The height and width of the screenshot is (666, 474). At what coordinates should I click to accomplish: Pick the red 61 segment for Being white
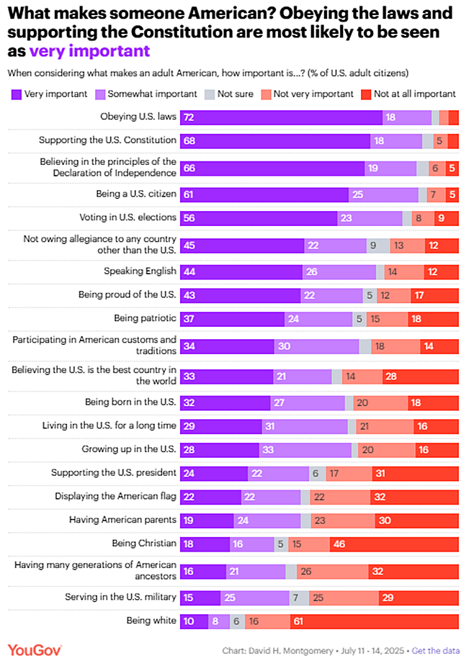[x=374, y=621]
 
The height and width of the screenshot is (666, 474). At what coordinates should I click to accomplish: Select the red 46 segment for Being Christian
[x=394, y=544]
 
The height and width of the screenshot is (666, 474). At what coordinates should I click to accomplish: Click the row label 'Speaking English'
[x=140, y=271]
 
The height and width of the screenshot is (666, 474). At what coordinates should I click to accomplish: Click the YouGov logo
[x=35, y=650]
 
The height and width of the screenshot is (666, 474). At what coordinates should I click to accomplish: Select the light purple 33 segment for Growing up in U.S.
[x=305, y=450]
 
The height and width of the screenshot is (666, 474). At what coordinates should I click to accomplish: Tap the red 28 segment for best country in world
[x=410, y=375]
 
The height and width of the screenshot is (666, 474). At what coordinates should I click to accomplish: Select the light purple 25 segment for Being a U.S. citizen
[x=383, y=194]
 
